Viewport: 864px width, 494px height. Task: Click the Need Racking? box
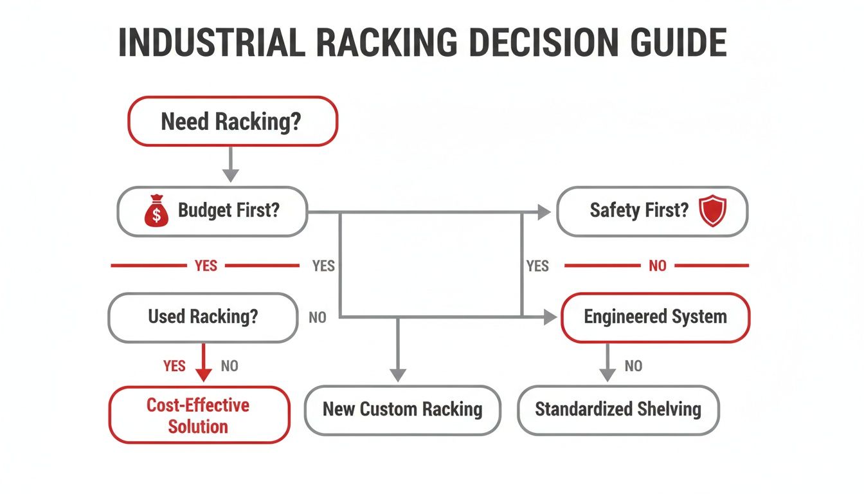point(233,121)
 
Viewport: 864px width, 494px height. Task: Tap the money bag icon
point(156,212)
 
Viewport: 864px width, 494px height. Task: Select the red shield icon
point(712,212)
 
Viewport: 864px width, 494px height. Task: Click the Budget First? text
point(229,210)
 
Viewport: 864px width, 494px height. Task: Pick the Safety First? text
point(639,210)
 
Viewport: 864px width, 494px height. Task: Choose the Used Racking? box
point(203,316)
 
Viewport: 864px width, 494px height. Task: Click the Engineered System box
point(654,316)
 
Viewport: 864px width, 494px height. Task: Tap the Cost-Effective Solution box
point(198,415)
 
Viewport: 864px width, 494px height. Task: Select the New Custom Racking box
point(402,409)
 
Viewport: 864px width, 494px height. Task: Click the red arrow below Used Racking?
point(204,363)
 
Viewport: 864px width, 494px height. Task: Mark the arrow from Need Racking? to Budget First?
point(230,165)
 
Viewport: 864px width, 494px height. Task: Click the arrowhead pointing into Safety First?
point(544,211)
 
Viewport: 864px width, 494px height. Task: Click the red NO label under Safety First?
point(657,266)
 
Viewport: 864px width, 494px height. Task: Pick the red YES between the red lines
point(206,266)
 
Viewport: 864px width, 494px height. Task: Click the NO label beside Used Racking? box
point(318,318)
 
